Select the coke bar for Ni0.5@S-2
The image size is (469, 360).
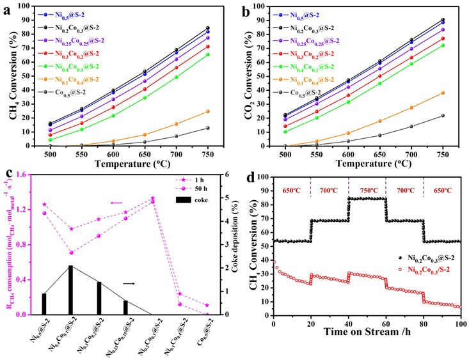click(44, 304)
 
